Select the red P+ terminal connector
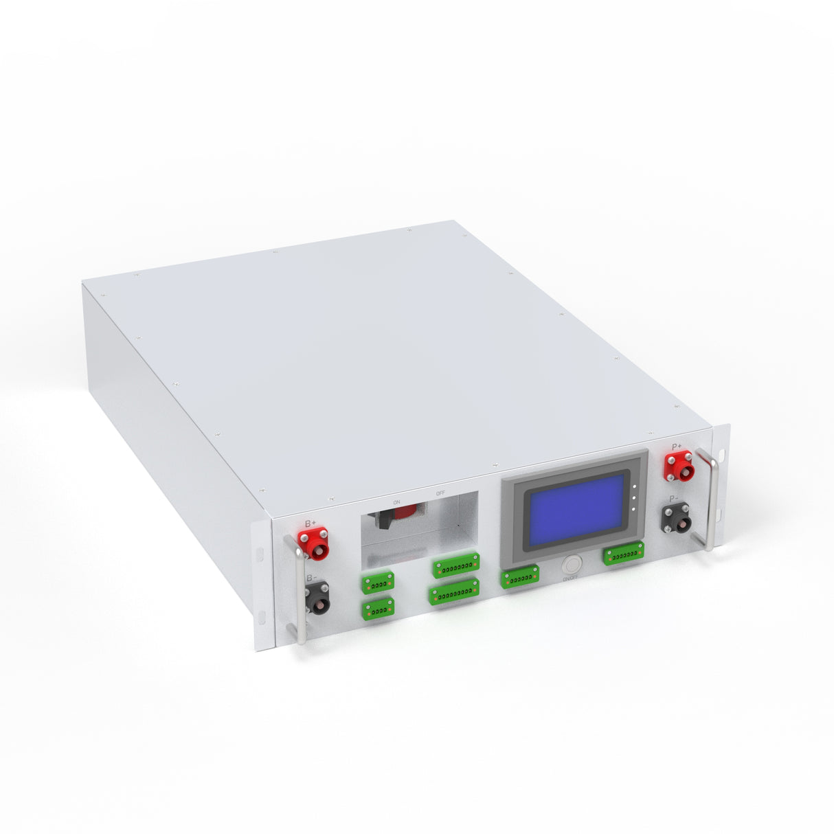pos(677,467)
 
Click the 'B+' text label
pos(311,523)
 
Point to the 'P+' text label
pos(677,447)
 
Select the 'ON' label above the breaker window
pos(396,502)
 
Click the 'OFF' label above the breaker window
pos(440,493)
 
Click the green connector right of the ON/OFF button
pos(624,553)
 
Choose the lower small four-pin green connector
pos(378,608)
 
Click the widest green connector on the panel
pos(454,592)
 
